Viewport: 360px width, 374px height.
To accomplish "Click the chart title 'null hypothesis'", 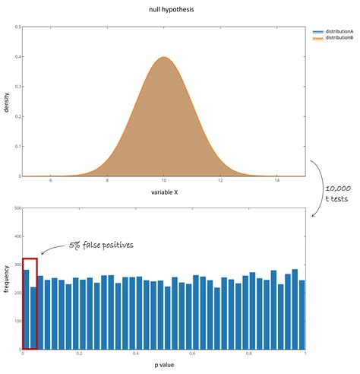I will pos(164,10).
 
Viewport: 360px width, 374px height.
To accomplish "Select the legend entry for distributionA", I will pos(335,31).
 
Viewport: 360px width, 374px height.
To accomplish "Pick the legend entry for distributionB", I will pos(335,37).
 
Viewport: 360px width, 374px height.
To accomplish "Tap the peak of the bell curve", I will pos(164,58).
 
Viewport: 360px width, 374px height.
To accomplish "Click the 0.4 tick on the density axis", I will pos(17,58).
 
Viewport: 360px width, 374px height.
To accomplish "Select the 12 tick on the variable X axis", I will pos(220,181).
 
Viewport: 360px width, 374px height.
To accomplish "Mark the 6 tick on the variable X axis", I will pos(51,181).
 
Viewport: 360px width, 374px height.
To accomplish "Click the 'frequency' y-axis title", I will pos(7,279).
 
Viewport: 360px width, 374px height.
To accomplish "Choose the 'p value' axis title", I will pos(164,366).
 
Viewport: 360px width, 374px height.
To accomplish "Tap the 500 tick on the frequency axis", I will pos(16,208).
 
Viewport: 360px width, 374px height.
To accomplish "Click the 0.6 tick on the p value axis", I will pos(192,354).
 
